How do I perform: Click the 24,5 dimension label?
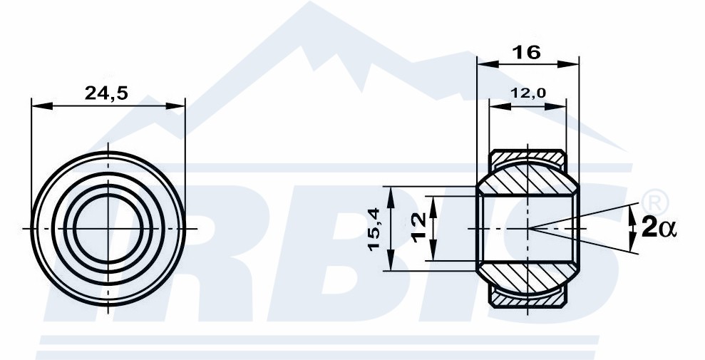coord(106,93)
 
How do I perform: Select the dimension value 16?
coord(527,53)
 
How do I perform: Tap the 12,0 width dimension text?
coord(528,93)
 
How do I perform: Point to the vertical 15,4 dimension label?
coord(374,228)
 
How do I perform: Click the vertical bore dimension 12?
coord(419,228)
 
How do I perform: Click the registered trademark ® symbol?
coord(656,202)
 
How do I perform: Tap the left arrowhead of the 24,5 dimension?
coord(42,106)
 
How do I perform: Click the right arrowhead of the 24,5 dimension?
coord(175,106)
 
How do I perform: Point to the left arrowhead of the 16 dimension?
coord(488,64)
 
